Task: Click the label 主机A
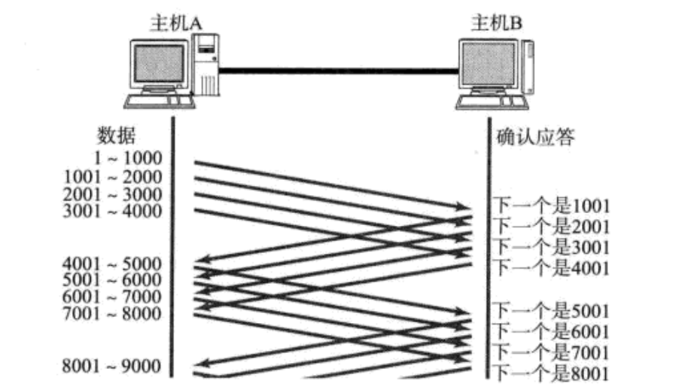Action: (175, 23)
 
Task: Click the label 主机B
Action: (497, 23)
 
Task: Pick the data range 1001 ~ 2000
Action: (114, 177)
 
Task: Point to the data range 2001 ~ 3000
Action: (114, 194)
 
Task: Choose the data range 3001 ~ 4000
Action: (114, 211)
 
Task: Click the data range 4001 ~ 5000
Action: (114, 264)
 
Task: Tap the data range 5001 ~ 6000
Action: (114, 281)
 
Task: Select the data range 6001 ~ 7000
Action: (114, 297)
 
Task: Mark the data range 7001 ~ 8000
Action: (114, 313)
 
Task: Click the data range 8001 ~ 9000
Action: (114, 367)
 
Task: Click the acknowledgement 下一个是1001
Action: (551, 206)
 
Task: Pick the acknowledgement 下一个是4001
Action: (551, 267)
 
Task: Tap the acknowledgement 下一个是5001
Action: (551, 311)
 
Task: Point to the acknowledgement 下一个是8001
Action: (551, 373)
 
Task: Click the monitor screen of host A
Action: (159, 66)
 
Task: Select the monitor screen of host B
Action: (488, 66)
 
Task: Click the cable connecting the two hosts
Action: (339, 72)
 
